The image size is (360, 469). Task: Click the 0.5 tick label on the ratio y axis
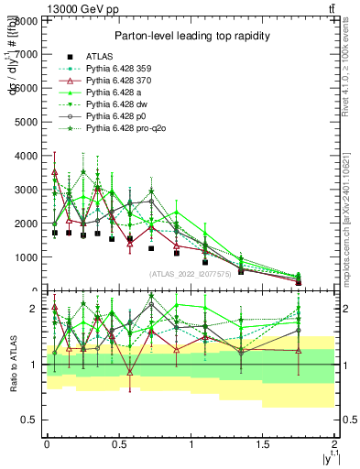coord(32,420)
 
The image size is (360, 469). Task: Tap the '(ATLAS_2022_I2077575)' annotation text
coord(191,273)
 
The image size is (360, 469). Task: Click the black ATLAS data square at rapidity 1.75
coord(300,282)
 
